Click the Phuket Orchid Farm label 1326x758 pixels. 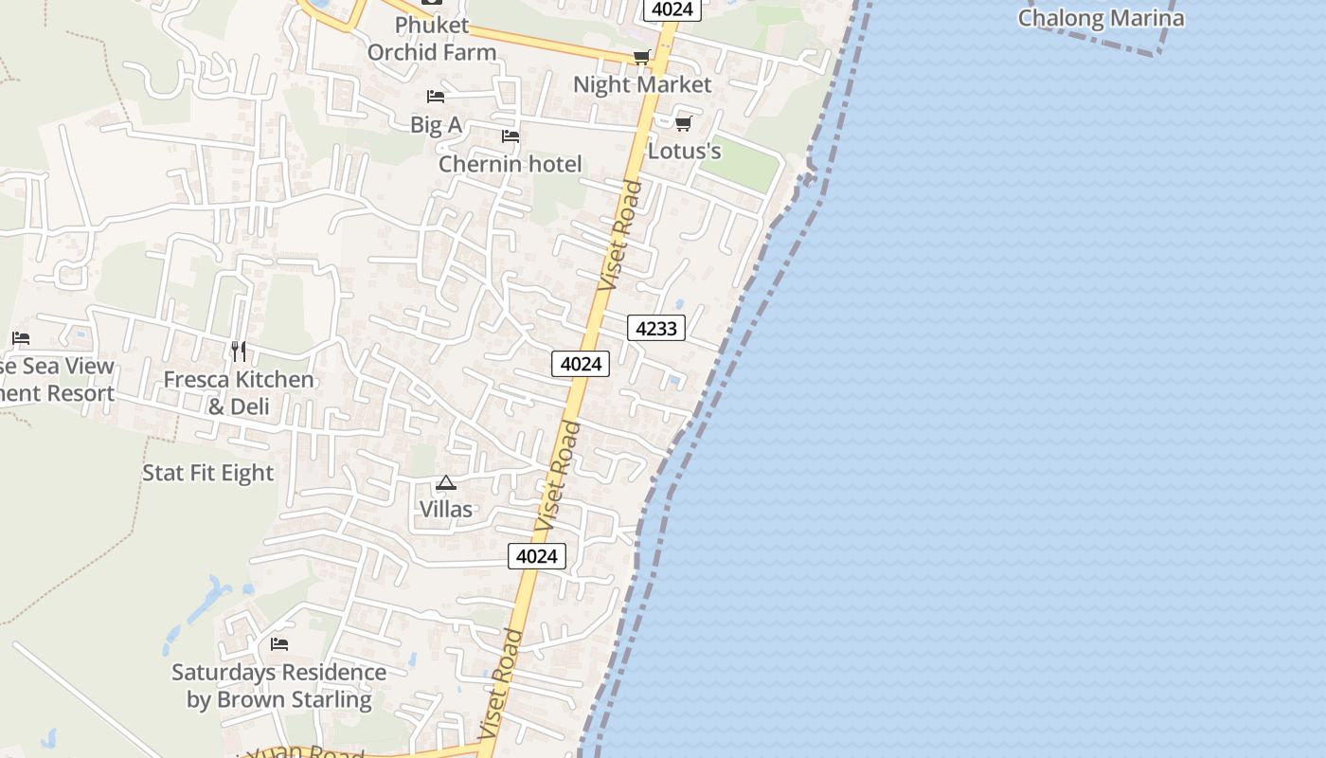[432, 39]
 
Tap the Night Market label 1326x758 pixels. [642, 84]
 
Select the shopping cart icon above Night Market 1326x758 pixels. [641, 58]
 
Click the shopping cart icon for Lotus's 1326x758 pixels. [683, 124]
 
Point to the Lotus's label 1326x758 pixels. [685, 151]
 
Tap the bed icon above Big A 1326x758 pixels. [436, 97]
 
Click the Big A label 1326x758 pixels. [436, 125]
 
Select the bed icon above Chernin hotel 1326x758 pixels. [511, 136]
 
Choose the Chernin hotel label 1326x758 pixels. [511, 164]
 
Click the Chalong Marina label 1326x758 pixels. [1101, 18]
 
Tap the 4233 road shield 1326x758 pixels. [656, 329]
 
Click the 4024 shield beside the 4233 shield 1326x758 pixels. [581, 364]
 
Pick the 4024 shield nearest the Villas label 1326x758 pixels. [537, 556]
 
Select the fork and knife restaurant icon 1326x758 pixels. [239, 352]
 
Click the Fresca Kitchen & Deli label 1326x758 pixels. [239, 392]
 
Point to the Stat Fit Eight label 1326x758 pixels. [207, 473]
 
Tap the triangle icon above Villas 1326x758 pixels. [446, 483]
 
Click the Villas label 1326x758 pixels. [446, 509]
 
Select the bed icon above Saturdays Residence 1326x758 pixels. [279, 644]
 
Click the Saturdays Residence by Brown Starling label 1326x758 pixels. [279, 686]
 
